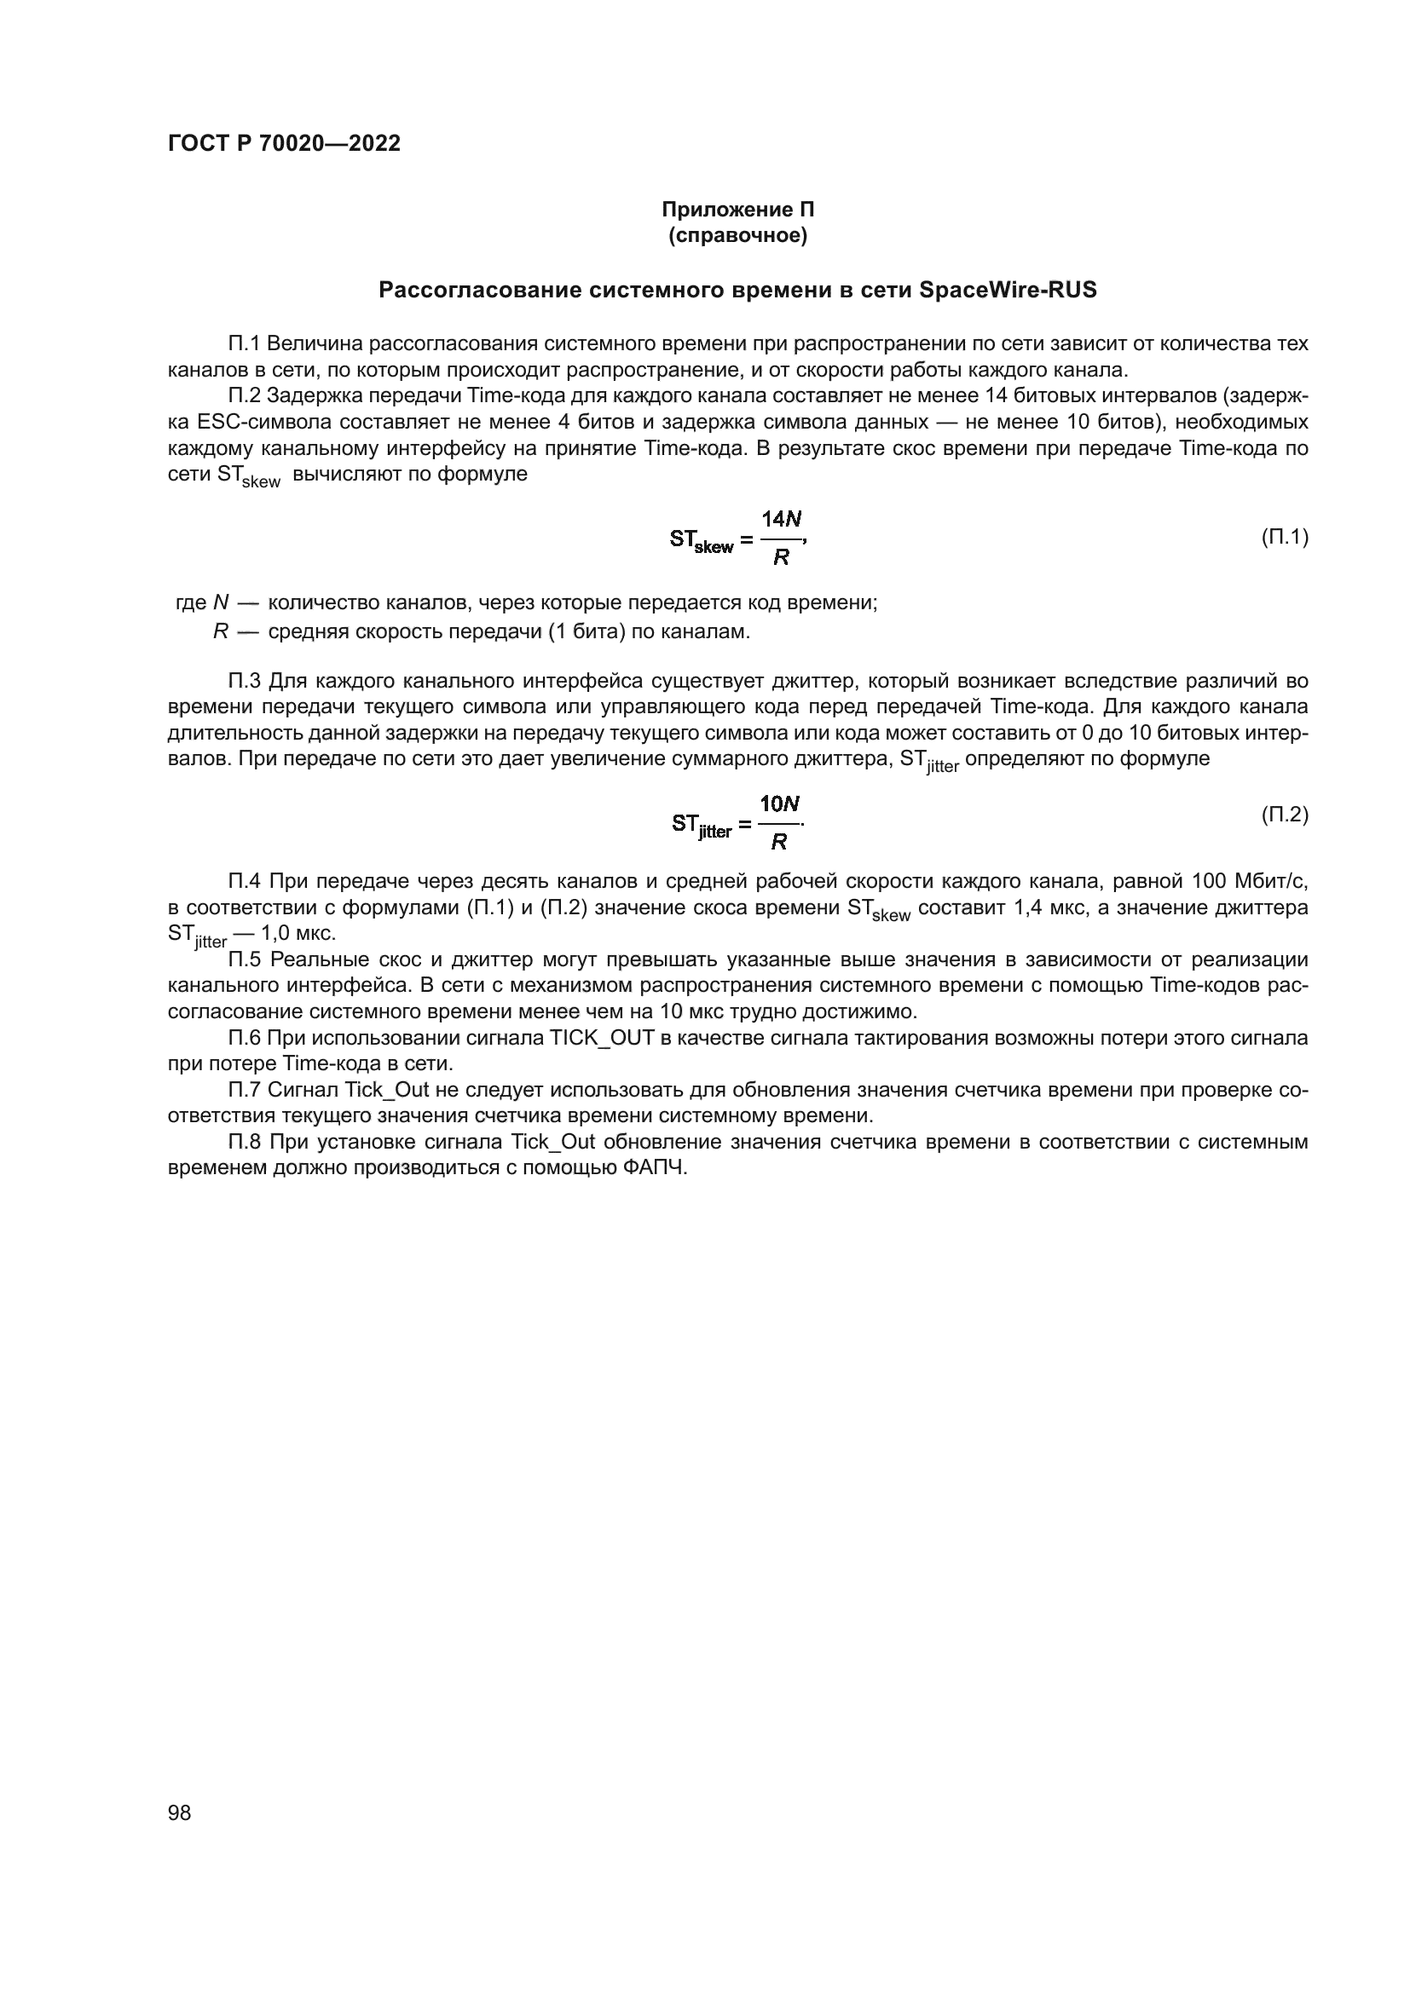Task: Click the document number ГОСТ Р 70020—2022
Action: (284, 144)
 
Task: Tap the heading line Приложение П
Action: (737, 210)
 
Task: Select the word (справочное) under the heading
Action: (737, 236)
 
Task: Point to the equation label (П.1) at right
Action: (1284, 538)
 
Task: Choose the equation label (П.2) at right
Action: (1284, 815)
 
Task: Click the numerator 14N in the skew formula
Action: (782, 519)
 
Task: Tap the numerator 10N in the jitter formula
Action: (779, 804)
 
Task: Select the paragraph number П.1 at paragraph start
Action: (245, 343)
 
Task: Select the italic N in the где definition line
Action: (221, 603)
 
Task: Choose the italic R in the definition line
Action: (221, 632)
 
